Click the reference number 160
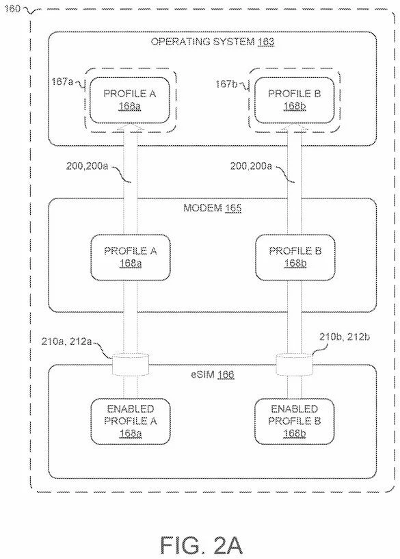tap(12, 10)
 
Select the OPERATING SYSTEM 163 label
tap(212, 42)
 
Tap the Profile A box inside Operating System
tap(130, 100)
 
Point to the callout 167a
tap(64, 83)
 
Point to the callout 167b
tap(227, 83)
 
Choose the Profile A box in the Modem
tap(130, 257)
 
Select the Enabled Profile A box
tap(130, 421)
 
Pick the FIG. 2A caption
tap(200, 545)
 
